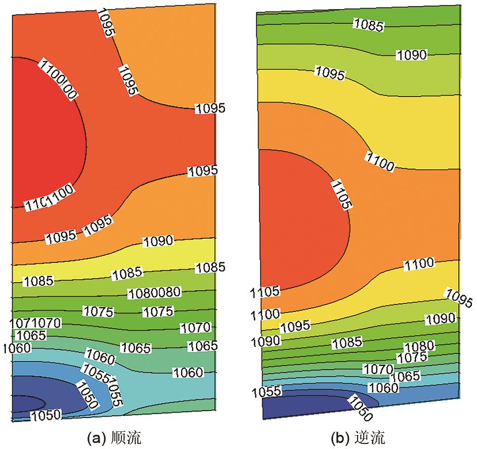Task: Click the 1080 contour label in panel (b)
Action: click(419, 346)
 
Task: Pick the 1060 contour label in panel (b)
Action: click(383, 388)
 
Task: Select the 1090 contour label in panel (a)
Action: click(158, 241)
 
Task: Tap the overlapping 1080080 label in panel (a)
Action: click(155, 292)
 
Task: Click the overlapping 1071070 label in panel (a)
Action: click(34, 322)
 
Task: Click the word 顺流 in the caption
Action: click(132, 436)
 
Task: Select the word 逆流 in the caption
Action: click(374, 436)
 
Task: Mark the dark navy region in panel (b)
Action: click(303, 407)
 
